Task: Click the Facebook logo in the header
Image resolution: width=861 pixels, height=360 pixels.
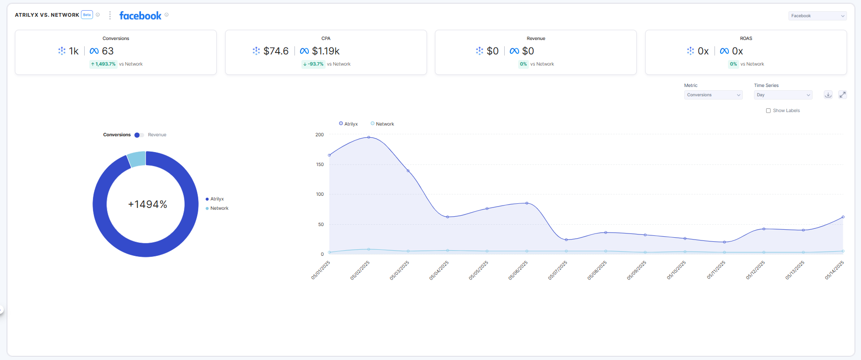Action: (140, 16)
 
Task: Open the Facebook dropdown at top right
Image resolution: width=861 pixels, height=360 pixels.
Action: (817, 16)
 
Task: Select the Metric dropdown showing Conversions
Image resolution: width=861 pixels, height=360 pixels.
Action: (713, 95)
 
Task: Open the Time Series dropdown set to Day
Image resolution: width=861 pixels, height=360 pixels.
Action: (783, 95)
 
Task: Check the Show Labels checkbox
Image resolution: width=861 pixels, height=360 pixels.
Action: (768, 111)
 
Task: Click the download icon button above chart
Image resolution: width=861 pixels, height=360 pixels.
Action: (828, 95)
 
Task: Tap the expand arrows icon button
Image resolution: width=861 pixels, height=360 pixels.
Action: (842, 95)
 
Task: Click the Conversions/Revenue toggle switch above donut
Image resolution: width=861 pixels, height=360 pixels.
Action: (139, 135)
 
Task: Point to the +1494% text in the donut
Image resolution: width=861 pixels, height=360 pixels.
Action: (147, 205)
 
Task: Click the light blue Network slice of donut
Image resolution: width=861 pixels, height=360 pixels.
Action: (136, 159)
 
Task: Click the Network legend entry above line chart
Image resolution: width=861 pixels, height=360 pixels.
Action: (382, 124)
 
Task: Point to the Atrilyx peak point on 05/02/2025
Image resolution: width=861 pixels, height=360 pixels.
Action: (369, 137)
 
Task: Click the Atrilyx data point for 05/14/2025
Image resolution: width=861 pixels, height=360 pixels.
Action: (843, 217)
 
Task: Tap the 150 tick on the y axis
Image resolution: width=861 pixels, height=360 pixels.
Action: (320, 165)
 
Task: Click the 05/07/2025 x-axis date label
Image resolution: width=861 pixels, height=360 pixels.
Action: (557, 270)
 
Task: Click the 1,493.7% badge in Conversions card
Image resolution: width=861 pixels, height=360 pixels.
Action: (103, 64)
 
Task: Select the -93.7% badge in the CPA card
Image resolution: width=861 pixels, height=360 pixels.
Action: (313, 64)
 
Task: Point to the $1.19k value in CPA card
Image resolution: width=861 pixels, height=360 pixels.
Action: (326, 51)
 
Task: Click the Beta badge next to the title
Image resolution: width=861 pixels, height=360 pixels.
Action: (87, 15)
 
